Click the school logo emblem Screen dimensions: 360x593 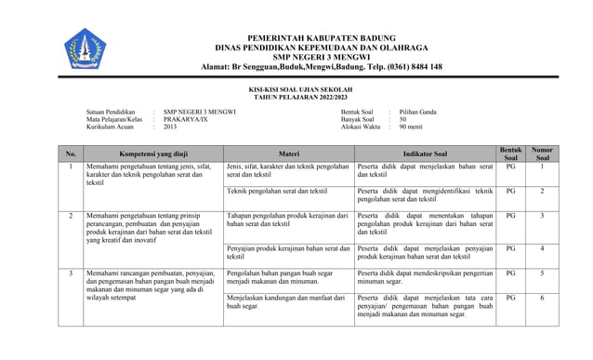click(85, 47)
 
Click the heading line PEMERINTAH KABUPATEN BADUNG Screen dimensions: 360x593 click(322, 36)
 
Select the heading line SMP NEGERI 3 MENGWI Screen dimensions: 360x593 click(321, 57)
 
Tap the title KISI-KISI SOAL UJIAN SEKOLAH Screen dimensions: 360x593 click(301, 90)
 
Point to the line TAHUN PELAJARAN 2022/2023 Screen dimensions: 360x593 click(300, 98)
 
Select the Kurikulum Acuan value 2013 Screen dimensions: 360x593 click(170, 127)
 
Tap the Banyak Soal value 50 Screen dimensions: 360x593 click(403, 119)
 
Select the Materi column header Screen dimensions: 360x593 click(289, 153)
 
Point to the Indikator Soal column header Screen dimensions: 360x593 click(426, 153)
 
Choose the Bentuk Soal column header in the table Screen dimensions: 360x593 click(510, 153)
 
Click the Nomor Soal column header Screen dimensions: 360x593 click(542, 153)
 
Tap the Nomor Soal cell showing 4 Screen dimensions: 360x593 click(542, 249)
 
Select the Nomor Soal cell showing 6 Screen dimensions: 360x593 click(542, 298)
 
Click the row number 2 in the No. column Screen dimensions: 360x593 click(71, 216)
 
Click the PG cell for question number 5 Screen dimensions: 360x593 click(510, 273)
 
